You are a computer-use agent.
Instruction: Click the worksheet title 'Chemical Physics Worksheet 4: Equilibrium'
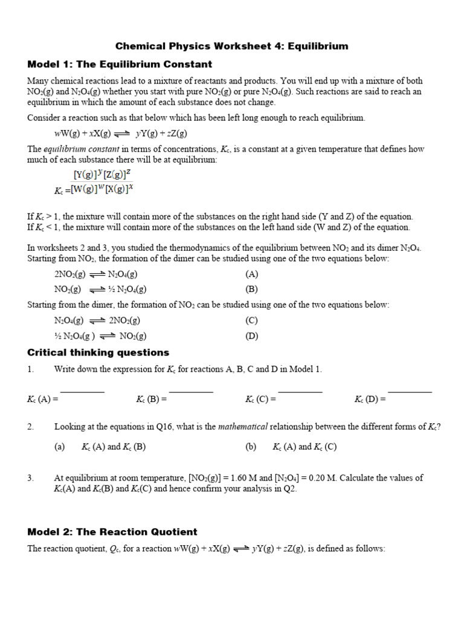(x=232, y=46)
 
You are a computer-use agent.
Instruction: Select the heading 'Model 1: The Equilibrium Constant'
(x=120, y=64)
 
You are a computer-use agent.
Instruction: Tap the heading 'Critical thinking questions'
(x=98, y=352)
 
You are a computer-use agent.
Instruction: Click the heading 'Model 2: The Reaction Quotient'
(x=112, y=532)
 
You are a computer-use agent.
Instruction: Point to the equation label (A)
(x=252, y=274)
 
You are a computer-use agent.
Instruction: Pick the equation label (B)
(x=252, y=289)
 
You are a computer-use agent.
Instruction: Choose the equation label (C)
(x=252, y=320)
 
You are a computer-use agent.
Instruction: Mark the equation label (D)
(x=252, y=336)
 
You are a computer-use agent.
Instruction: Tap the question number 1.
(x=30, y=369)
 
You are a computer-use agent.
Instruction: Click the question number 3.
(x=30, y=478)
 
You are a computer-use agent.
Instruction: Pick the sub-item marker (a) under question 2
(x=59, y=447)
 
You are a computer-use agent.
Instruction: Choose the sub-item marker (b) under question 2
(x=251, y=447)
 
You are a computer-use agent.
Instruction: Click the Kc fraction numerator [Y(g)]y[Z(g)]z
(x=101, y=175)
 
